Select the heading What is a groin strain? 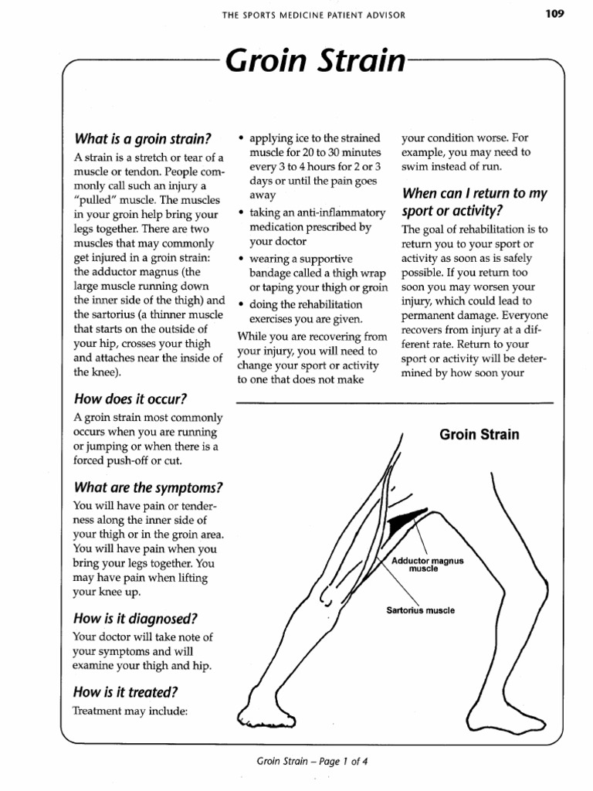click(x=142, y=139)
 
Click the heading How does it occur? click(x=130, y=399)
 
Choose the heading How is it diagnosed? click(x=135, y=618)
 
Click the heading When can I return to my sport click(x=474, y=202)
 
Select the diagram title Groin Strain click(x=479, y=434)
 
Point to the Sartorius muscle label click(x=420, y=610)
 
